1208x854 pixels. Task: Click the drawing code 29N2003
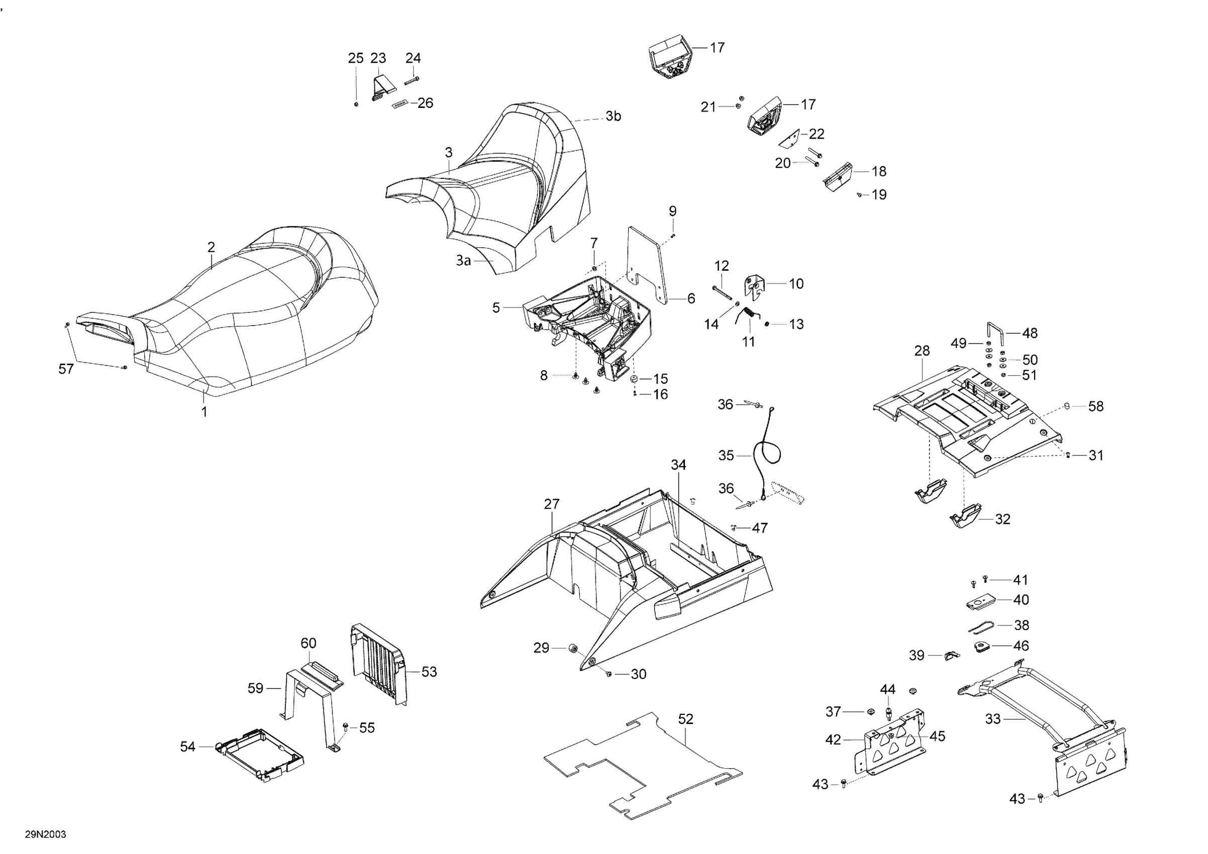[45, 834]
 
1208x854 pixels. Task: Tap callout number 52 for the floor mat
[685, 719]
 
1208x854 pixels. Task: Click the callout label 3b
[613, 116]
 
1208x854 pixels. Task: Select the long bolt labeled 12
[722, 292]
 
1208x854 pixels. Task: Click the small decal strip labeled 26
[400, 104]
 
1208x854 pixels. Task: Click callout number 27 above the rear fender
[551, 504]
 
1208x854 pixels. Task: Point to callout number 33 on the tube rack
[992, 718]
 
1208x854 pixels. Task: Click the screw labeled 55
[346, 727]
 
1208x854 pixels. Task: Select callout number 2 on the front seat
[211, 247]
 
